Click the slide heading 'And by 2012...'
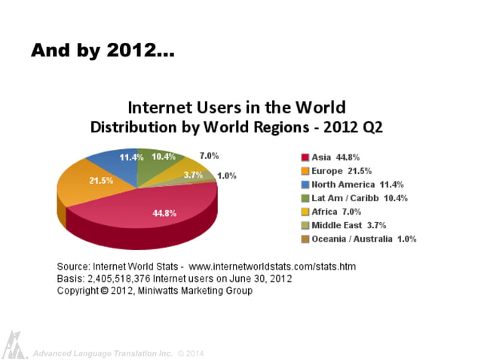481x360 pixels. tap(103, 51)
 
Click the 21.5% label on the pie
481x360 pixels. tap(101, 181)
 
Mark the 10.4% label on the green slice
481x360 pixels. tap(163, 157)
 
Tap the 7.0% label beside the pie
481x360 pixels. tap(209, 156)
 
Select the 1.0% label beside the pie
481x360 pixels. tap(226, 175)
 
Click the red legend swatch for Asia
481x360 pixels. tap(305, 157)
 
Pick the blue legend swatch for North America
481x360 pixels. tap(305, 185)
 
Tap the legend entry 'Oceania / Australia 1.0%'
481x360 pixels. tap(363, 239)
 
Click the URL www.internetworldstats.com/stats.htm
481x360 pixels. tap(271, 267)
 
